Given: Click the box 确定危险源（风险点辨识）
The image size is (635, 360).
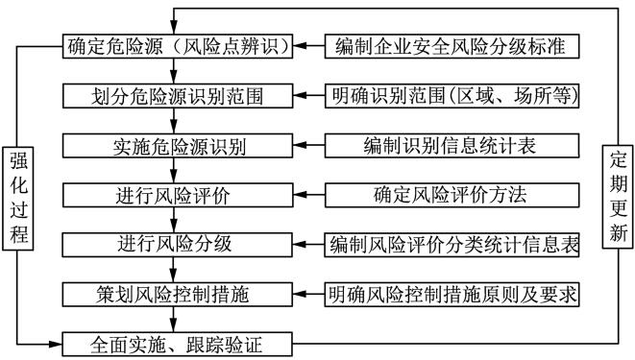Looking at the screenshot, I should click(x=179, y=45).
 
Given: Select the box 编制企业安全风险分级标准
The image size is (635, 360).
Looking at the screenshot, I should click(x=452, y=45).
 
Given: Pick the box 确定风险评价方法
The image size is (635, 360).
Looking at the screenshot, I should click(x=452, y=195).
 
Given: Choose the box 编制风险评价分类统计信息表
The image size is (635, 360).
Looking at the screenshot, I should click(x=452, y=244).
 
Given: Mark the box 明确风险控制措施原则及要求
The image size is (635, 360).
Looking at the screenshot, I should click(x=452, y=294).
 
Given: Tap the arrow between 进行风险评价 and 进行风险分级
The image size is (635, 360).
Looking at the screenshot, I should click(x=173, y=220).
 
